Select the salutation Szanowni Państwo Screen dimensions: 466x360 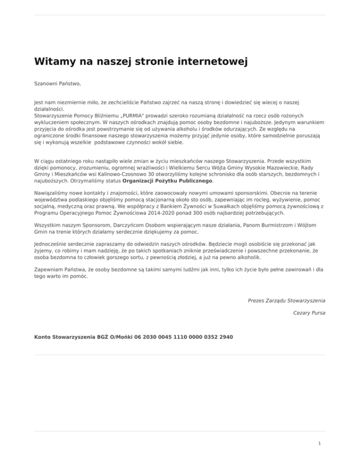pos(58,84)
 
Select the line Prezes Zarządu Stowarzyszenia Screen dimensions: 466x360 pos(287,300)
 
